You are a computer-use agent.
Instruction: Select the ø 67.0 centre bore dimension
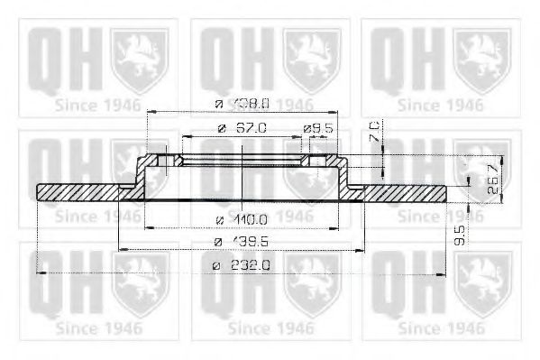click(x=242, y=129)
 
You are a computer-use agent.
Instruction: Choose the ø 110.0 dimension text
click(x=243, y=218)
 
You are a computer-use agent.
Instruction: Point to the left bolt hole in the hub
click(x=166, y=162)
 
